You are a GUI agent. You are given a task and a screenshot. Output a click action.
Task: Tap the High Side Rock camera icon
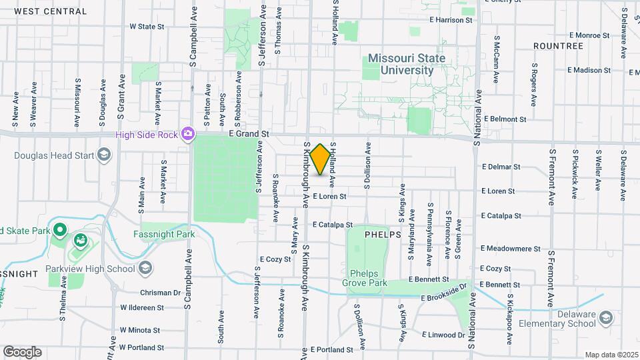point(188,134)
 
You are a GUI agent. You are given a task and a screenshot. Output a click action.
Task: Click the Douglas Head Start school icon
point(103,155)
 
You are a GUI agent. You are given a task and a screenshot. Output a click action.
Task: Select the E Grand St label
point(248,134)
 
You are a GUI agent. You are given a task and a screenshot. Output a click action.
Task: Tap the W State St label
point(146,27)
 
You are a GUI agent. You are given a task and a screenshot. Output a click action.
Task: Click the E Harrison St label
point(451,20)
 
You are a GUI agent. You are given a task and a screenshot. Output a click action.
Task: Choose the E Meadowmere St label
point(510,249)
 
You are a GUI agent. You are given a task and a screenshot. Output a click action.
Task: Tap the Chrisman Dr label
point(160,292)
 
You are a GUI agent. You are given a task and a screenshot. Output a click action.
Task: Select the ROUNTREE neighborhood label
point(558,46)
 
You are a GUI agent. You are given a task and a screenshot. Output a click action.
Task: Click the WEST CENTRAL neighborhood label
point(49,11)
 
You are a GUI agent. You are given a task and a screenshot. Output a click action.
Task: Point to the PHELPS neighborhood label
point(383,235)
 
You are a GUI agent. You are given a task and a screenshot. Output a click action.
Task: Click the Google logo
point(22,352)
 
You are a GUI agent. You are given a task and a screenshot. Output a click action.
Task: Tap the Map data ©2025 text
point(611,355)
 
